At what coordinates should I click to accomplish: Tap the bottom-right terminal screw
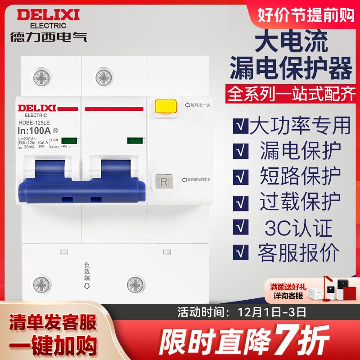pos(135,285)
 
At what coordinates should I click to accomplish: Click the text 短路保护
pos(301,176)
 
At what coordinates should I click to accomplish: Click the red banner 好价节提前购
pos(306,15)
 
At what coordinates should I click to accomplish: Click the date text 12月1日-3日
pos(268,311)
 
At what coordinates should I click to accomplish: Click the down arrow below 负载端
pos(88,287)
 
